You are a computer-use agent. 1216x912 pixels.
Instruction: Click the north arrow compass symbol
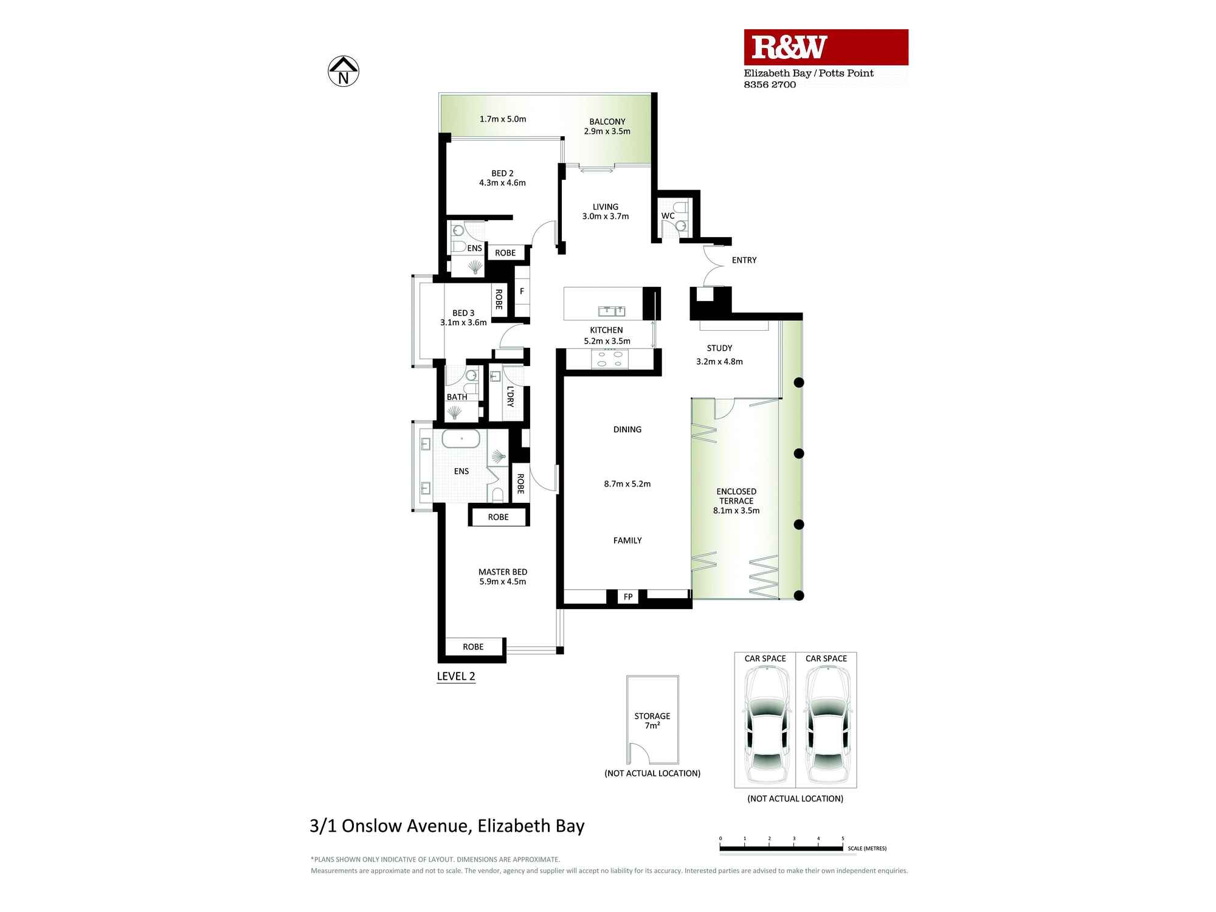pyautogui.click(x=344, y=71)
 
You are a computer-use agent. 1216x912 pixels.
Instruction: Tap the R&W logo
pyautogui.click(x=789, y=47)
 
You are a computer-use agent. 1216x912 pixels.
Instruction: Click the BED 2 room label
pyautogui.click(x=502, y=173)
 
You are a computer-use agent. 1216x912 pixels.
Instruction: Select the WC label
pyautogui.click(x=668, y=216)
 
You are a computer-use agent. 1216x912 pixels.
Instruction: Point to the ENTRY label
pyautogui.click(x=744, y=260)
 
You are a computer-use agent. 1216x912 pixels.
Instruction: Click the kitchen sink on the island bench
pyautogui.click(x=612, y=311)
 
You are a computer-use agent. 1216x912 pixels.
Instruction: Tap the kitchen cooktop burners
pyautogui.click(x=610, y=359)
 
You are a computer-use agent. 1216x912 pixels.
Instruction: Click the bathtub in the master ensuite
pyautogui.click(x=461, y=439)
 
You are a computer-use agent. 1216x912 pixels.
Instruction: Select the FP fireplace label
pyautogui.click(x=628, y=597)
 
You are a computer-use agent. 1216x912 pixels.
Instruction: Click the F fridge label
pyautogui.click(x=522, y=291)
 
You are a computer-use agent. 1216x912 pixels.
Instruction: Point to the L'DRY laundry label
pyautogui.click(x=510, y=396)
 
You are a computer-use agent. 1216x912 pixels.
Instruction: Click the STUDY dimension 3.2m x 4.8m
pyautogui.click(x=719, y=362)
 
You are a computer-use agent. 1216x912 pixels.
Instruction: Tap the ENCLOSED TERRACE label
pyautogui.click(x=736, y=496)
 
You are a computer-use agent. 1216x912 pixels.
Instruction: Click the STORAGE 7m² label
pyautogui.click(x=652, y=720)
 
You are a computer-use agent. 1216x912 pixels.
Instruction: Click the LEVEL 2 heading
pyautogui.click(x=456, y=676)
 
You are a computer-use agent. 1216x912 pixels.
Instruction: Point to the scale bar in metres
pyautogui.click(x=781, y=848)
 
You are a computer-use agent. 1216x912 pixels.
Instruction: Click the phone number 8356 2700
pyautogui.click(x=770, y=85)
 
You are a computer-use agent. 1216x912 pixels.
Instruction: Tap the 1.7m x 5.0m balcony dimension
pyautogui.click(x=503, y=119)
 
